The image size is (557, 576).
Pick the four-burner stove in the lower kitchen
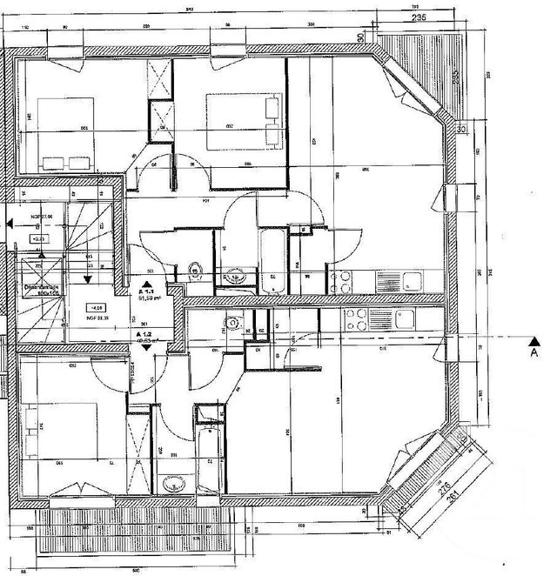(356, 319)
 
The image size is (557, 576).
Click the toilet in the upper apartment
(195, 271)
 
